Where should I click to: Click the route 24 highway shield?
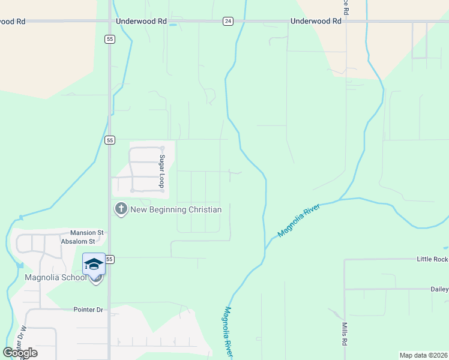pos(228,21)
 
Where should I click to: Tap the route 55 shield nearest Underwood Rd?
pos(109,39)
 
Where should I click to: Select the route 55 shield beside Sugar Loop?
pos(109,140)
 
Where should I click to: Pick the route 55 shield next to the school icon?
pos(109,259)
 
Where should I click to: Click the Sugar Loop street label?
pos(161,172)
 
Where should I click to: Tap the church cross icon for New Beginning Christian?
pos(121,209)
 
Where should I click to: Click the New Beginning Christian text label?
pos(176,209)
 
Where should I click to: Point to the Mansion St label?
pos(87,232)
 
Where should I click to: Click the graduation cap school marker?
pos(94,264)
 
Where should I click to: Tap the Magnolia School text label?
pos(56,277)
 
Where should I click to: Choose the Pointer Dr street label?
pos(88,310)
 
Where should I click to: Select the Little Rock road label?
pos(433,259)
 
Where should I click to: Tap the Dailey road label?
pos(439,289)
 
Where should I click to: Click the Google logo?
pos(20,353)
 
